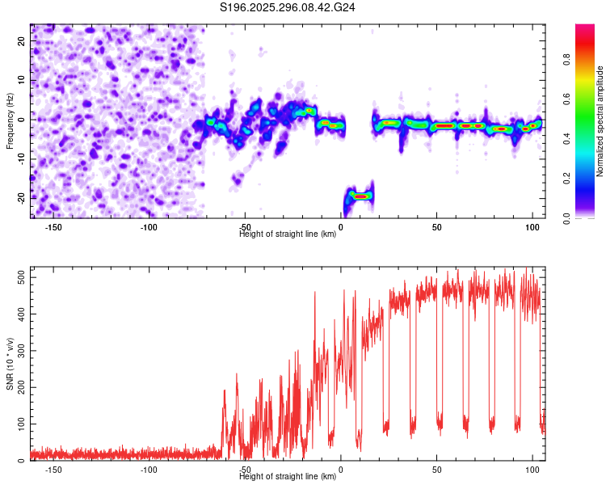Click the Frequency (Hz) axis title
(10, 120)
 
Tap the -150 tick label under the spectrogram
(53, 227)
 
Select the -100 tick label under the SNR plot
(149, 470)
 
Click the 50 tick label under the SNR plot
(436, 470)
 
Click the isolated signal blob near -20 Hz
(360, 196)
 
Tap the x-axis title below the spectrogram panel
(288, 234)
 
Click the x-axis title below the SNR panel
(288, 476)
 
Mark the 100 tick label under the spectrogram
(532, 227)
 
